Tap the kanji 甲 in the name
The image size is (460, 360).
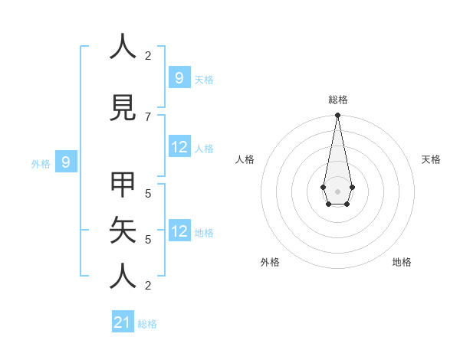123,184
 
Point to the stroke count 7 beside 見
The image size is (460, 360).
148,116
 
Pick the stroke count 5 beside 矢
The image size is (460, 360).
148,239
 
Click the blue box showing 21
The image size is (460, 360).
123,322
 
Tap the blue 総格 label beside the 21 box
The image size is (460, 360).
147,324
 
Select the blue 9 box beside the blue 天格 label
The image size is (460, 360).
179,77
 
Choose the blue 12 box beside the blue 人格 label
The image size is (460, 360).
179,146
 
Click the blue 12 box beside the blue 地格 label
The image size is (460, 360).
179,231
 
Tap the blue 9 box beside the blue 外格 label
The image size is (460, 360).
66,162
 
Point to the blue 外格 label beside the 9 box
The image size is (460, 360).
41,163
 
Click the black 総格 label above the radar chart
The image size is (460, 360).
337,100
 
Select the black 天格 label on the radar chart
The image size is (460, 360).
431,159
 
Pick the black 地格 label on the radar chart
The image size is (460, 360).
402,262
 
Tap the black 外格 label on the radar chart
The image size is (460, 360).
270,262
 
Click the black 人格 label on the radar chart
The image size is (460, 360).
245,159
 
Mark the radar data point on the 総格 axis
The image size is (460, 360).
337,116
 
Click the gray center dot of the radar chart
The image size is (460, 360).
337,190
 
